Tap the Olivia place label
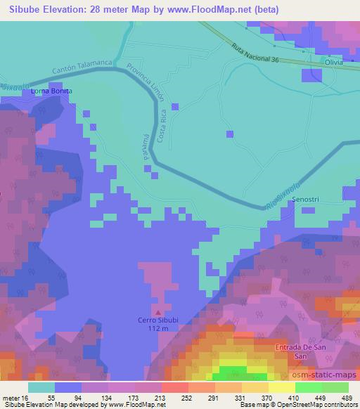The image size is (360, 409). (x=333, y=63)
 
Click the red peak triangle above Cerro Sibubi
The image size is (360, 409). (x=158, y=312)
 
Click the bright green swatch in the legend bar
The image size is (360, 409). (x=309, y=387)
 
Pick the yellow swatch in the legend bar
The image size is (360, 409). (x=282, y=387)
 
